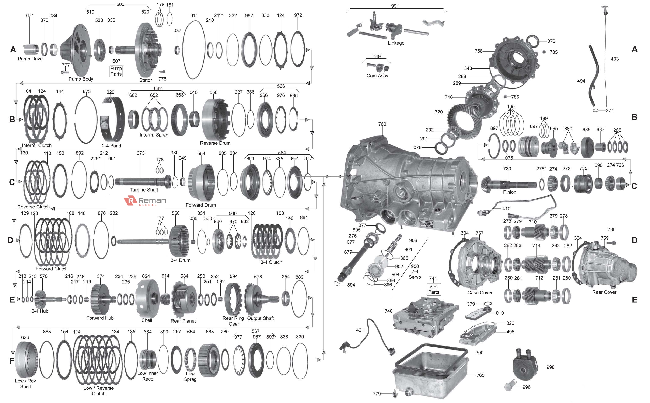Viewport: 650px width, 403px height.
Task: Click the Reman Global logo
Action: pyautogui.click(x=145, y=201)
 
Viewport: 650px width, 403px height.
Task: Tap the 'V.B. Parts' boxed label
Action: pyautogui.click(x=433, y=289)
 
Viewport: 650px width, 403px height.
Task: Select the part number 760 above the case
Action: pyautogui.click(x=382, y=124)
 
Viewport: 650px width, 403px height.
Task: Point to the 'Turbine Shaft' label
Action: pyautogui.click(x=144, y=190)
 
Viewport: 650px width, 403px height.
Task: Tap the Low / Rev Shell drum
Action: pyautogui.click(x=26, y=359)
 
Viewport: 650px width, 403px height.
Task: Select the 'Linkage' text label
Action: pyautogui.click(x=396, y=43)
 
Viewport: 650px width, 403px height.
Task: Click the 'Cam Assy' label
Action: pyautogui.click(x=377, y=76)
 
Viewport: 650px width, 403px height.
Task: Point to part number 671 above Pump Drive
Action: pyautogui.click(x=30, y=15)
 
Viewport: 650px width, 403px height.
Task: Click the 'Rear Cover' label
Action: pyautogui.click(x=604, y=292)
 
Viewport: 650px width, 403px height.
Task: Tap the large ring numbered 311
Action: pyautogui.click(x=194, y=49)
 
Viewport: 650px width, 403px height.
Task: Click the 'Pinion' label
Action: pyautogui.click(x=509, y=192)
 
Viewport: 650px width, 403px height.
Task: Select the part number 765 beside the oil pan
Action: pyautogui.click(x=480, y=375)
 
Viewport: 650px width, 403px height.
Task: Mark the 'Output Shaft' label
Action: pyautogui.click(x=260, y=318)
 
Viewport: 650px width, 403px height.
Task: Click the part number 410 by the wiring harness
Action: pyautogui.click(x=506, y=209)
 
